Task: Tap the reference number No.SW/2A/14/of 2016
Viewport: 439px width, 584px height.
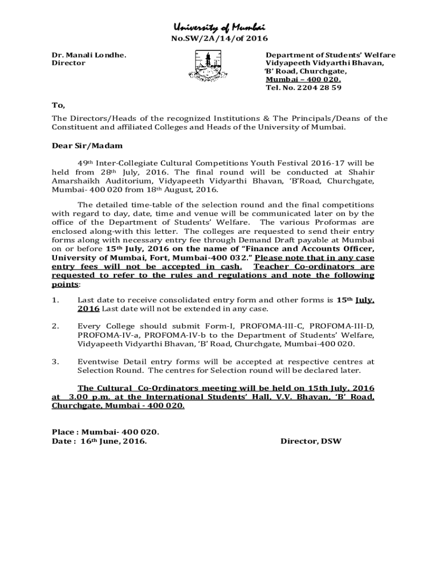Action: click(x=219, y=38)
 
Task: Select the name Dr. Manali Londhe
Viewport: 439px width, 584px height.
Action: click(x=89, y=55)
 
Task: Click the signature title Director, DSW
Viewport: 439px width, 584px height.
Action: click(x=311, y=441)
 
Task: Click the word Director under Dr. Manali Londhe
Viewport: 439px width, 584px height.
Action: click(x=68, y=63)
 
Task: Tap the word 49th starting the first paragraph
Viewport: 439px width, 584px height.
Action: click(x=86, y=163)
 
